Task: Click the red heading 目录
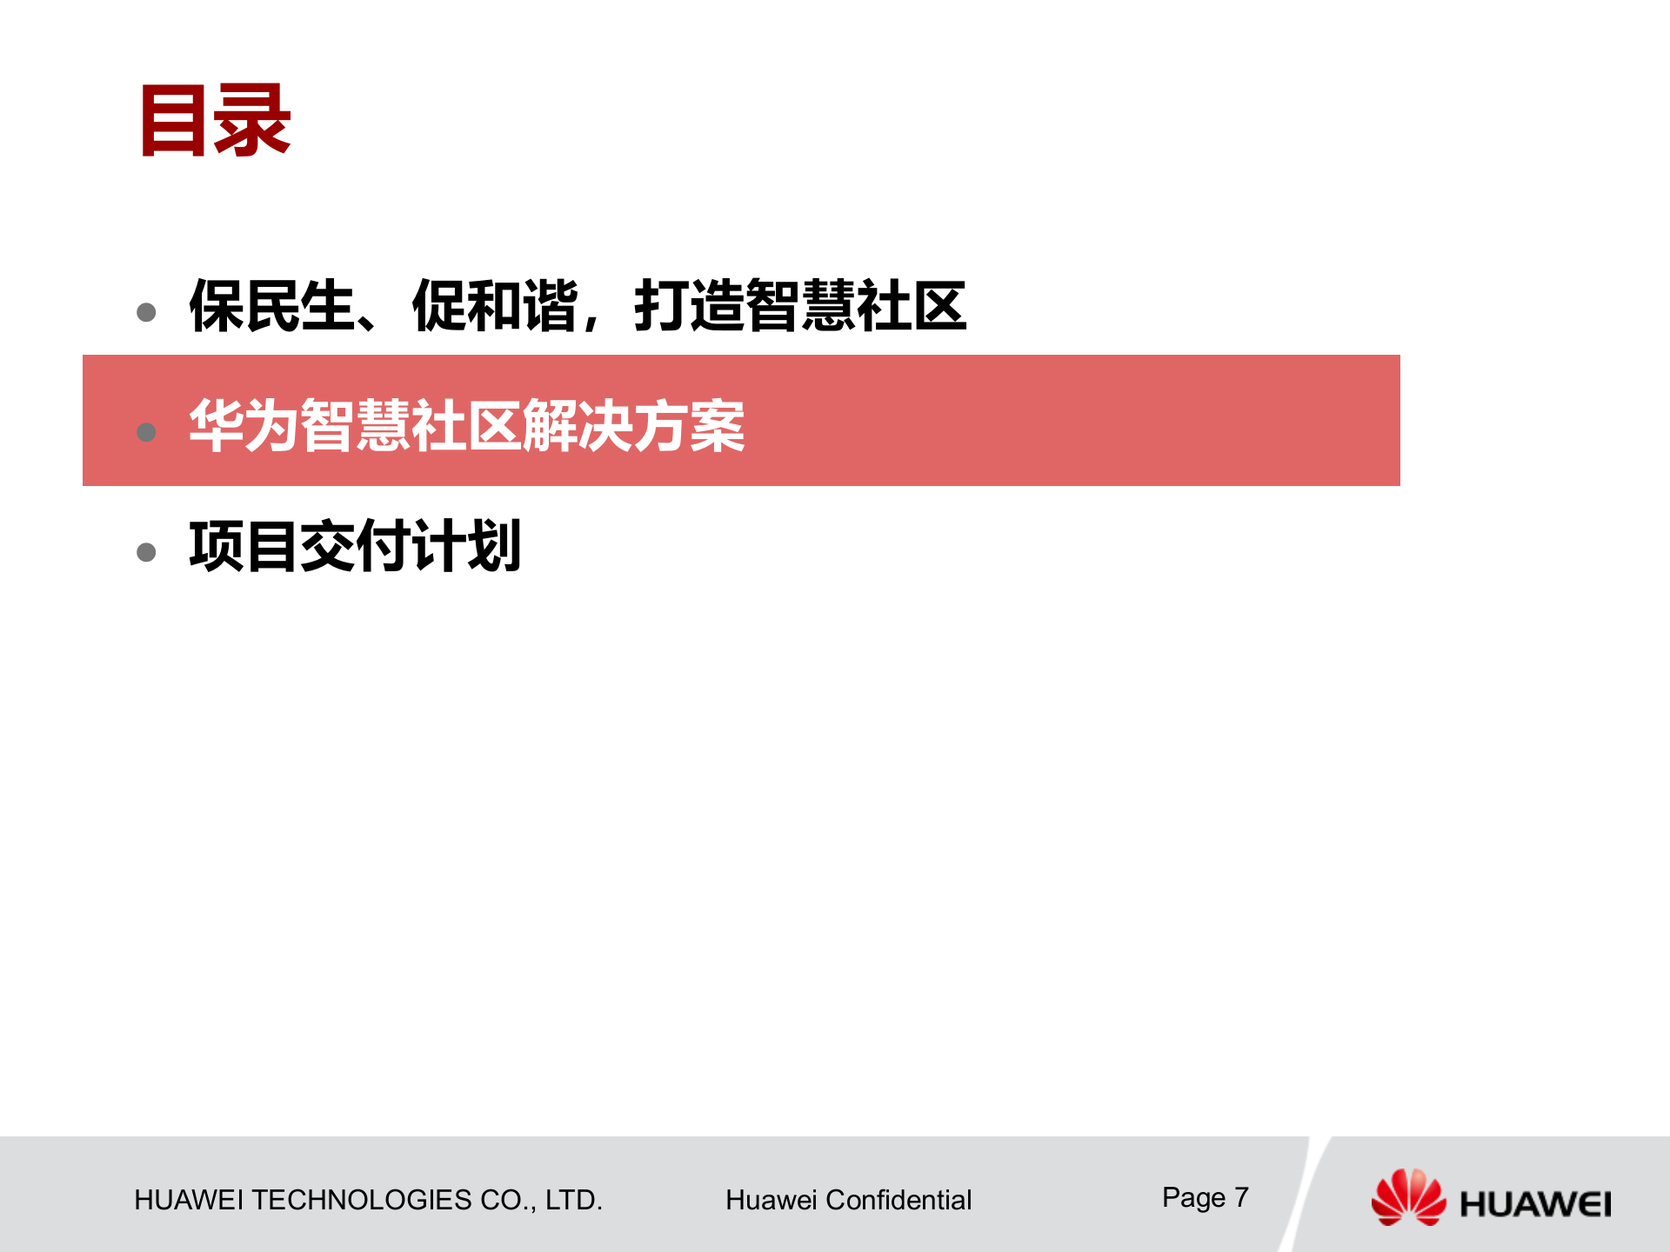tap(215, 121)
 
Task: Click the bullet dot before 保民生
tap(146, 312)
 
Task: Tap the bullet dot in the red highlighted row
tap(146, 432)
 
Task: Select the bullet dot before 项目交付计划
tap(146, 552)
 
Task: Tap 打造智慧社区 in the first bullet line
tap(800, 306)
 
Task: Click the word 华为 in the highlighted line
tap(244, 426)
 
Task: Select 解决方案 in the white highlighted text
tap(633, 426)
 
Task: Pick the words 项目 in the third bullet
tap(244, 546)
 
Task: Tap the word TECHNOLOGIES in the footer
tap(361, 1200)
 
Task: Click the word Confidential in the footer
tap(898, 1200)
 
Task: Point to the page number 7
tap(1241, 1197)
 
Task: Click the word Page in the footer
tap(1193, 1198)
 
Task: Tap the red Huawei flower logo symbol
tap(1408, 1197)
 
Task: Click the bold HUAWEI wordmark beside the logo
tap(1535, 1204)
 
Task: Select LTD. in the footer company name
tap(573, 1200)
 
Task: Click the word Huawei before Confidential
tap(772, 1200)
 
